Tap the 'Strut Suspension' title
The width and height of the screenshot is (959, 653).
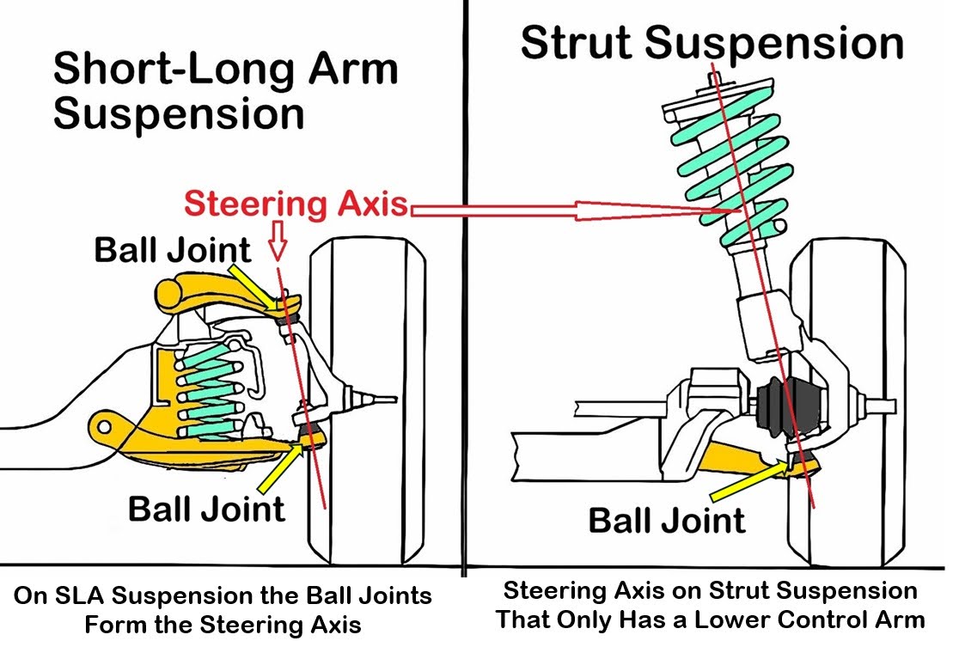pyautogui.click(x=712, y=43)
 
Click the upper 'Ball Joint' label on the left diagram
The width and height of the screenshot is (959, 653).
pyautogui.click(x=173, y=250)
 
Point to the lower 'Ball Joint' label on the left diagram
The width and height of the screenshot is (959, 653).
pyautogui.click(x=206, y=509)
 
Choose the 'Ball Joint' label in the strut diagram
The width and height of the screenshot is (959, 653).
pyautogui.click(x=666, y=520)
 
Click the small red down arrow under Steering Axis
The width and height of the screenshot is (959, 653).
pyautogui.click(x=277, y=243)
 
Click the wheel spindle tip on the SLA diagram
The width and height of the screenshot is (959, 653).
pyautogui.click(x=387, y=399)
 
